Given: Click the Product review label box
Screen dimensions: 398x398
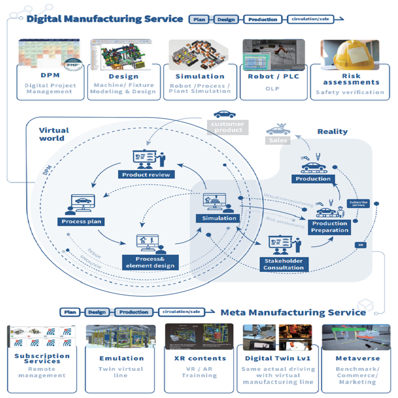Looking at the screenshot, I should tap(146, 174).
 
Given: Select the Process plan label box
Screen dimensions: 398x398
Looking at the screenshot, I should tap(81, 221).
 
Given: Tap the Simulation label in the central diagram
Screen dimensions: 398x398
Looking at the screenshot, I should tap(219, 218).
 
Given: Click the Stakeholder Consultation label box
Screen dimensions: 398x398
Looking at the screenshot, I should tap(283, 264).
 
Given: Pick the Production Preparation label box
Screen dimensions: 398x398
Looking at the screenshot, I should tap(330, 227).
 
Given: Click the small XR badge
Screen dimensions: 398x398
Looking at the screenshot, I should tap(360, 245).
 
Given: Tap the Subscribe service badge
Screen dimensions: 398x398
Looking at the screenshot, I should tap(358, 203).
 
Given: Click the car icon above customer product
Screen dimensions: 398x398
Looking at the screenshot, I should tap(224, 115).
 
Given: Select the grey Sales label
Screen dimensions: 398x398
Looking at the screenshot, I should tap(278, 140).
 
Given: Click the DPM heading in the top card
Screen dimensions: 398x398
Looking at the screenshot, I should tap(50, 76).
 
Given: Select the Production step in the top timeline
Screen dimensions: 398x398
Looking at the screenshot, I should tap(262, 19).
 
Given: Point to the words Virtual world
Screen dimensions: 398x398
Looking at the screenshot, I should tap(54, 134).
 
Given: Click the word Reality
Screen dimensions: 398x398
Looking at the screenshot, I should tap(332, 131).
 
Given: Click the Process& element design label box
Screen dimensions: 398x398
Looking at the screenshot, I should tap(150, 262).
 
